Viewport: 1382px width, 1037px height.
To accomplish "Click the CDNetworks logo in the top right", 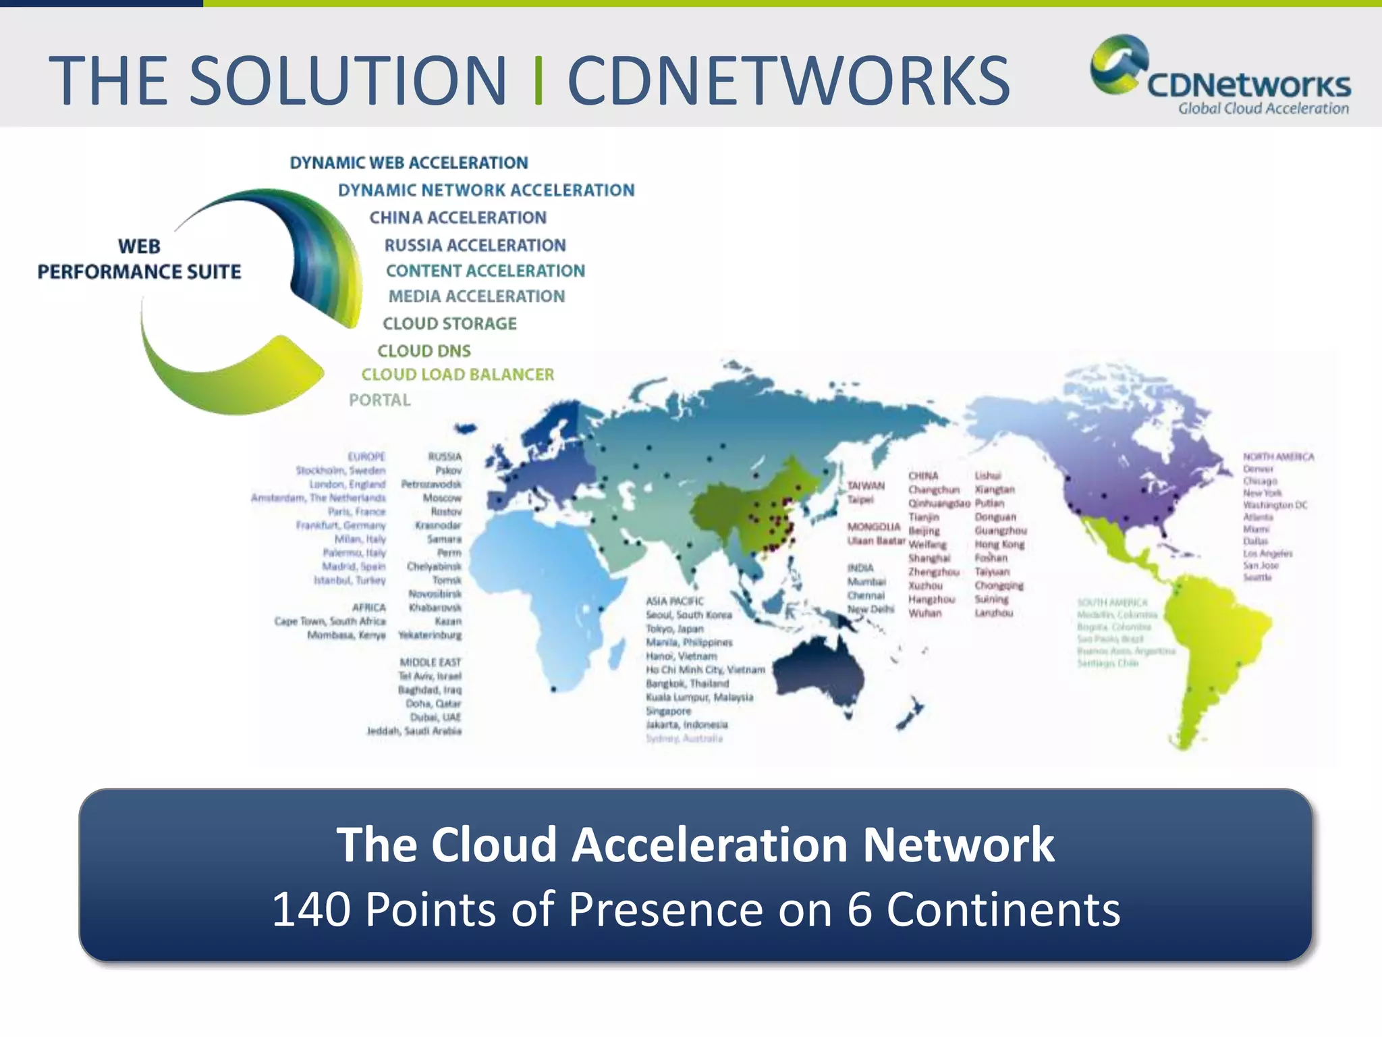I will click(1220, 76).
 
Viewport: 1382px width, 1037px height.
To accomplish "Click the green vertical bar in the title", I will click(538, 81).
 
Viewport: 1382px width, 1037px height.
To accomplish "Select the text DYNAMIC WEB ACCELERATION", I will click(408, 163).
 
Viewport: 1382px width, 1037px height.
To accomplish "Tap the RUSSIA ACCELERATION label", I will click(475, 245).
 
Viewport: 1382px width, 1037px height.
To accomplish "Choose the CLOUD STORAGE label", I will click(449, 323).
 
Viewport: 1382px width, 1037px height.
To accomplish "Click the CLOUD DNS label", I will click(424, 350).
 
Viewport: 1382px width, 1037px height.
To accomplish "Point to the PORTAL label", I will click(379, 400).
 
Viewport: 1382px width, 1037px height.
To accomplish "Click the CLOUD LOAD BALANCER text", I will click(458, 375).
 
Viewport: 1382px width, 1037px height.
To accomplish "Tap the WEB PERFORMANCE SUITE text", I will click(139, 259).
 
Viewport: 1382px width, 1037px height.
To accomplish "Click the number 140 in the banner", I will click(310, 909).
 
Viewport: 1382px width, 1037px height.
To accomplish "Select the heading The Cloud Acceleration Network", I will click(695, 845).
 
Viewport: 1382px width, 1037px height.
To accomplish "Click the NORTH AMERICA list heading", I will click(1278, 457).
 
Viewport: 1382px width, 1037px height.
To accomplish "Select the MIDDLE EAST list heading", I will click(430, 662).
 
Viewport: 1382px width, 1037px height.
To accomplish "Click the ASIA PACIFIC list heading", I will click(674, 601).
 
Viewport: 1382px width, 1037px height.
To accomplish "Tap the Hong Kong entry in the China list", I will click(999, 544).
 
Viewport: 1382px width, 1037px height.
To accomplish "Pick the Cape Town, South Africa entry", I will click(330, 621).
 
